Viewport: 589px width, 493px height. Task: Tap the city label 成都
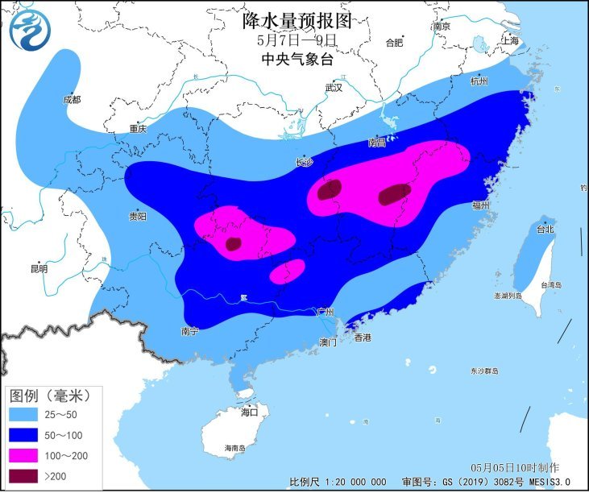(x=71, y=99)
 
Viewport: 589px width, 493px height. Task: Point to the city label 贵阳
(x=138, y=216)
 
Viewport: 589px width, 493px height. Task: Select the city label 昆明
(x=38, y=268)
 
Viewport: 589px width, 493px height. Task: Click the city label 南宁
(x=190, y=330)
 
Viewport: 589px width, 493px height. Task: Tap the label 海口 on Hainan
(x=250, y=412)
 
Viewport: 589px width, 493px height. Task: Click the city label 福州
(x=481, y=205)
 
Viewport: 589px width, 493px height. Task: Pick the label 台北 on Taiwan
(x=545, y=229)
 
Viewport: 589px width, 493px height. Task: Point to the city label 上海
(x=510, y=39)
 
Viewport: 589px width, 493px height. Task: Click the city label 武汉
(x=334, y=87)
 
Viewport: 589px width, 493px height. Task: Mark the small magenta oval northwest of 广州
(x=287, y=271)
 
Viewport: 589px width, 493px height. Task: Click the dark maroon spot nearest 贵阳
(x=233, y=243)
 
